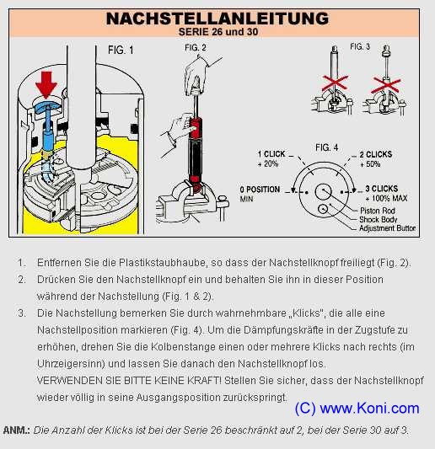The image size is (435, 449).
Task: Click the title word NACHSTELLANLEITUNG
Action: coord(217,19)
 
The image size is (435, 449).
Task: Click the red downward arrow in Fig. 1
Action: coord(46,85)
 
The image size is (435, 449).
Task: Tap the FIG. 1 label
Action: coord(121,50)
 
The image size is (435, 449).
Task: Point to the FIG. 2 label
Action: coord(196,47)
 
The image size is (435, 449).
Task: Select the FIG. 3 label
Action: coord(360,46)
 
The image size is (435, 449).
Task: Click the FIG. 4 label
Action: coord(327,147)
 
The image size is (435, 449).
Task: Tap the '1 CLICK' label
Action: coord(271,154)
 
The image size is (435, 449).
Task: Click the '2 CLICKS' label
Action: coord(376,154)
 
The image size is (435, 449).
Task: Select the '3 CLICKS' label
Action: coord(382,189)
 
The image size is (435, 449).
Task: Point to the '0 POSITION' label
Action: coord(260,190)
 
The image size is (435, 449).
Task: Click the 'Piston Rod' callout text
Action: coord(378,211)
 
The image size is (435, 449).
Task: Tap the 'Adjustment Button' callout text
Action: coord(388,228)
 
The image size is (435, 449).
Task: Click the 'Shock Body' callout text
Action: coord(378,220)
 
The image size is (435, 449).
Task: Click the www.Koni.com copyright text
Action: coord(357,408)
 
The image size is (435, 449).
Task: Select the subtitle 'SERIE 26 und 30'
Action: coord(218,32)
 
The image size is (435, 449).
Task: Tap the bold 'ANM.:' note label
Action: coord(17,430)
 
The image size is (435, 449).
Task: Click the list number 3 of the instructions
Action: coord(21,313)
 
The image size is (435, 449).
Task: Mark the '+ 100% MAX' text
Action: coord(386,198)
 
